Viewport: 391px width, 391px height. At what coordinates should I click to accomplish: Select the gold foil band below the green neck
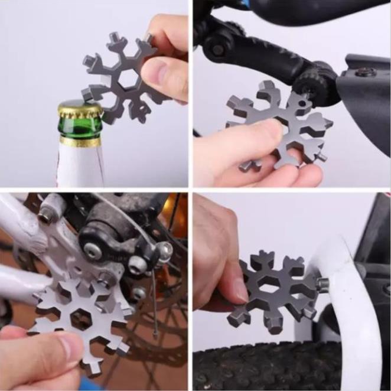80,142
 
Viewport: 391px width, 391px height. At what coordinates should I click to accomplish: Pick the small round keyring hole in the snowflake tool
305,106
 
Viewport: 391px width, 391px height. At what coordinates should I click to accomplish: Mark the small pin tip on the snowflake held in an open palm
322,158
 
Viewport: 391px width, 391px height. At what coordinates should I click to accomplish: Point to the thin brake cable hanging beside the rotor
155,307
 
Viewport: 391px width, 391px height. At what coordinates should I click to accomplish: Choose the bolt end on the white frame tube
45,216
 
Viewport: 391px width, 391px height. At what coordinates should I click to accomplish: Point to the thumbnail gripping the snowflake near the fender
239,289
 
